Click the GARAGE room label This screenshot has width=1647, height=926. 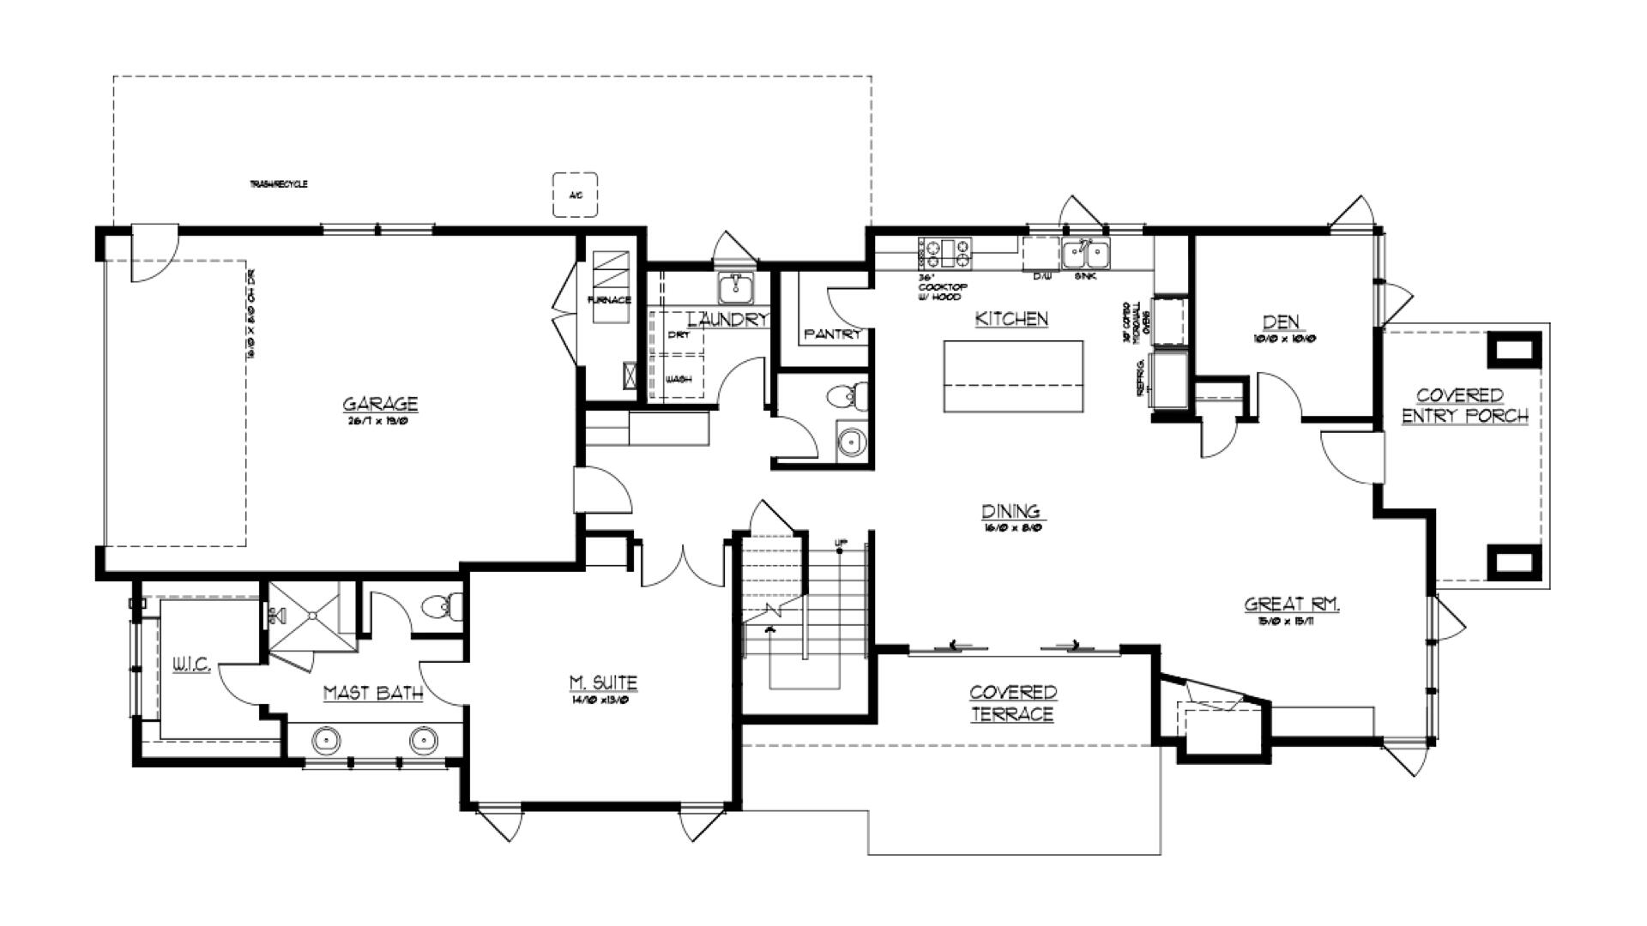pos(380,404)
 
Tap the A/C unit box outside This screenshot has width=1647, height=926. pos(575,195)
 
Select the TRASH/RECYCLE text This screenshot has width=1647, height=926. pos(279,184)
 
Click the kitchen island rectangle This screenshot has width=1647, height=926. pos(1013,376)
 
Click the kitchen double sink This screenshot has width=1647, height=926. pos(1085,255)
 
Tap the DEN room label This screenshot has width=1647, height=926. pos(1281,322)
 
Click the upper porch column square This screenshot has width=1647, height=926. pos(1514,350)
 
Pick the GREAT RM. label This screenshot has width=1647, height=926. pos(1292,604)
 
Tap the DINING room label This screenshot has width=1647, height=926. pos(1011,512)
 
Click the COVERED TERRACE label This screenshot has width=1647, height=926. pos(1013,703)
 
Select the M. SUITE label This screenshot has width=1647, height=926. pos(603,683)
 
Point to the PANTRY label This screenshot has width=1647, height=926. pos(832,334)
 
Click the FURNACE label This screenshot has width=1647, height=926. pos(609,300)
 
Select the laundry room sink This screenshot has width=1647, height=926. pos(735,288)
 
